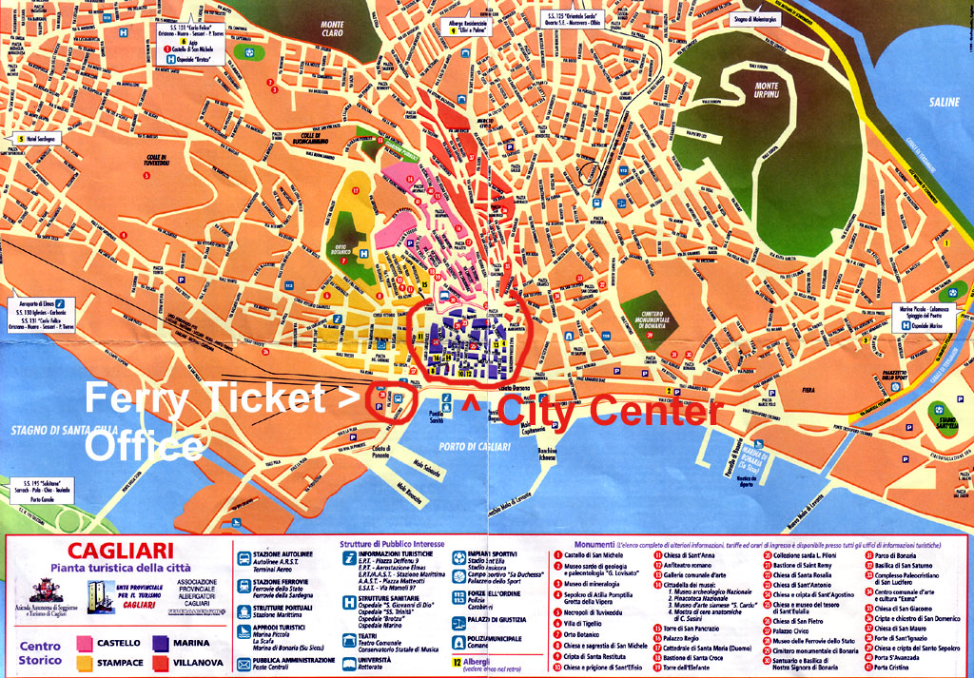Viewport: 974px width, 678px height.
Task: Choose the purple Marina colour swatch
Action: pos(158,643)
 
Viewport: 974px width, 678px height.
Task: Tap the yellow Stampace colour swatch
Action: pos(79,662)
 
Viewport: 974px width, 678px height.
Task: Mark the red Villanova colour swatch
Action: pos(158,662)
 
